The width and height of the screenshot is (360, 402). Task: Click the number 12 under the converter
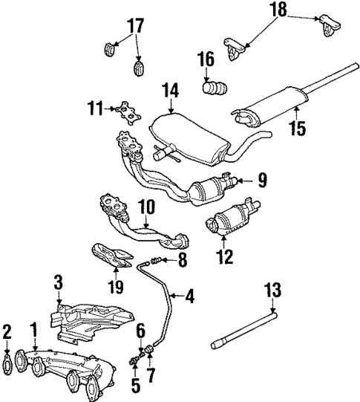click(224, 258)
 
